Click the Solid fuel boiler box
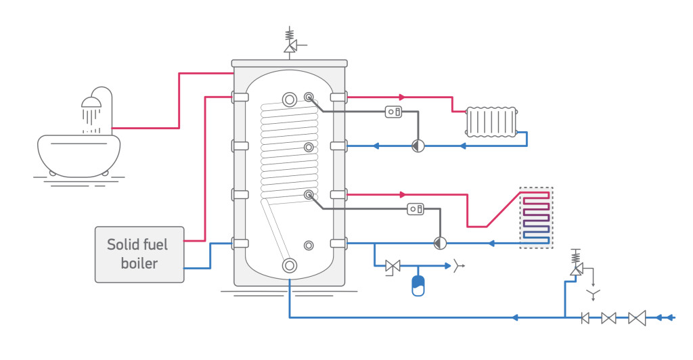pyautogui.click(x=139, y=254)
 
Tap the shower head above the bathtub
pyautogui.click(x=91, y=103)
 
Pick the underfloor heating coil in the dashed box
pyautogui.click(x=536, y=217)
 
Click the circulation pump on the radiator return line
pyautogui.click(x=418, y=145)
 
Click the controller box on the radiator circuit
pyautogui.click(x=394, y=112)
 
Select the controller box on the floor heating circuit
pyautogui.click(x=416, y=209)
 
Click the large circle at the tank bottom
pyautogui.click(x=290, y=265)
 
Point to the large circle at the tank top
pyautogui.click(x=290, y=99)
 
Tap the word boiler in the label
pyautogui.click(x=139, y=264)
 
